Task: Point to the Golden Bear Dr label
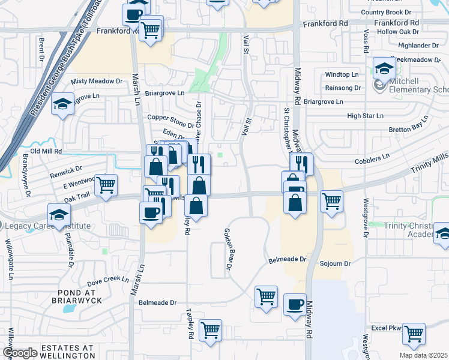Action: pos(228,252)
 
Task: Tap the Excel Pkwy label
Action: pos(385,328)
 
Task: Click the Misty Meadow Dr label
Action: pos(96,81)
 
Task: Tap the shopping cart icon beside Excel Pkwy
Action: pos(414,334)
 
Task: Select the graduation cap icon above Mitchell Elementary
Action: pos(384,68)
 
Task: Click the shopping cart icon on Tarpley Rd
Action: pos(210,329)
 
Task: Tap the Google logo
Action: pos(20,353)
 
